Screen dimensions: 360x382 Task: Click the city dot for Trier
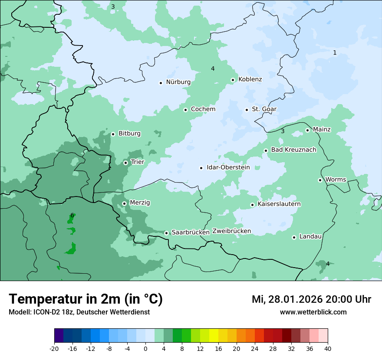pyautogui.click(x=125, y=163)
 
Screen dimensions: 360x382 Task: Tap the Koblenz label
pyautogui.click(x=250, y=79)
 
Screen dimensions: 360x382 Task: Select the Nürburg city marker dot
pyautogui.click(x=161, y=82)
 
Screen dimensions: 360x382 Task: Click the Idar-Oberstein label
pyautogui.click(x=228, y=167)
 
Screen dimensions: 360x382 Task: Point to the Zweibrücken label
pyautogui.click(x=231, y=231)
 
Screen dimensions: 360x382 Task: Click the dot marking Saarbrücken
pyautogui.click(x=166, y=233)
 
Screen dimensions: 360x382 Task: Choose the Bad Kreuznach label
pyautogui.click(x=293, y=150)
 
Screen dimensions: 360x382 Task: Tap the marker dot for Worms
pyautogui.click(x=320, y=180)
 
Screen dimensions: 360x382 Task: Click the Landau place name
pyautogui.click(x=310, y=237)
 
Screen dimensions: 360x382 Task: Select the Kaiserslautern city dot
pyautogui.click(x=252, y=205)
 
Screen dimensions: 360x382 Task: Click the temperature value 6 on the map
pyautogui.click(x=72, y=216)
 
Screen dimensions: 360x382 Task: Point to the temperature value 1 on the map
pyautogui.click(x=335, y=52)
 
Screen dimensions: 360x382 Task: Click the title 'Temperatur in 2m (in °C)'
pyautogui.click(x=86, y=299)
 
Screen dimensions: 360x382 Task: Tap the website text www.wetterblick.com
pyautogui.click(x=313, y=312)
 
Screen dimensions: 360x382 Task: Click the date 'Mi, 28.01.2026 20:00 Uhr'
pyautogui.click(x=311, y=299)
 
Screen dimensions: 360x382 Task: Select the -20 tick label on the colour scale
pyautogui.click(x=54, y=348)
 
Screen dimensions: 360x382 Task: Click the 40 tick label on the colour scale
pyautogui.click(x=328, y=348)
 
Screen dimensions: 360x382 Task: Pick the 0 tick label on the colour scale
pyautogui.click(x=145, y=348)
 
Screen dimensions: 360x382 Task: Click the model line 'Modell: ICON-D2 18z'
pyautogui.click(x=79, y=312)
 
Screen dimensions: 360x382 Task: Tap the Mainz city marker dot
pyautogui.click(x=307, y=130)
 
